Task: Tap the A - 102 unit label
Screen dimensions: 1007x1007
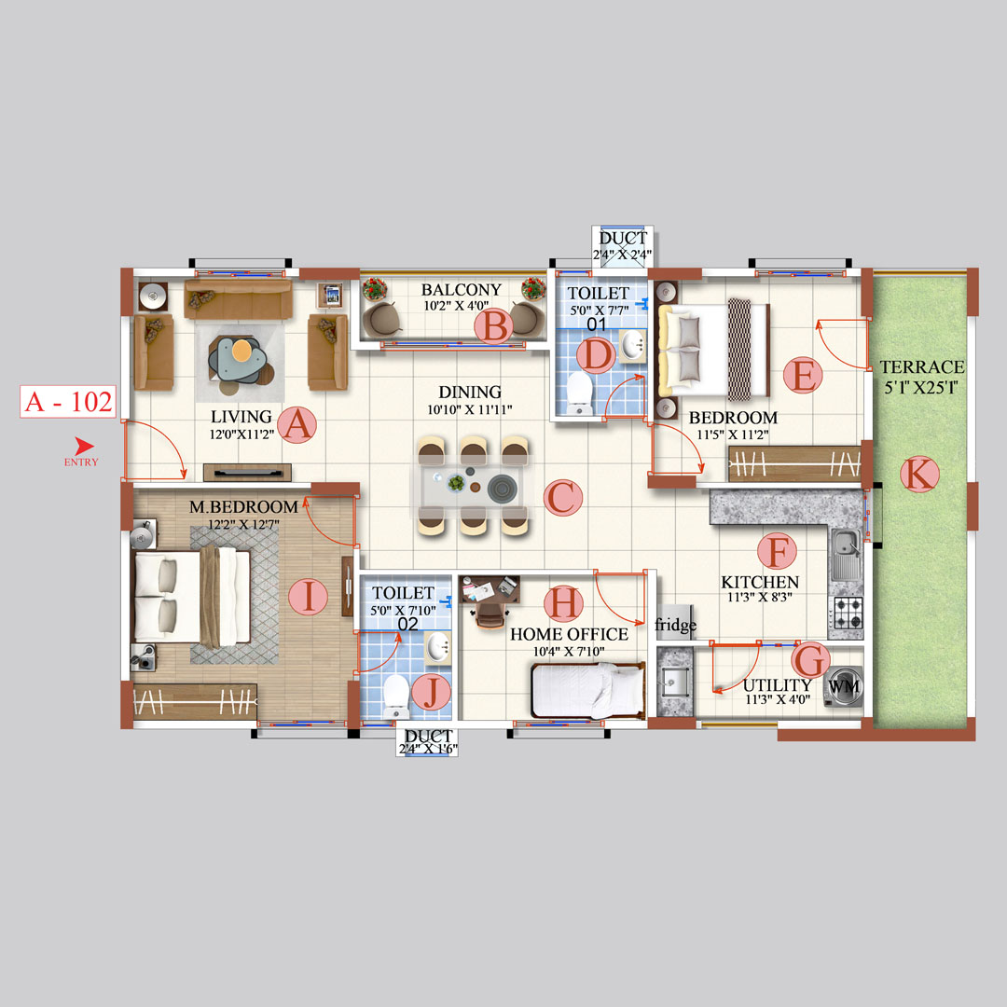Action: click(68, 403)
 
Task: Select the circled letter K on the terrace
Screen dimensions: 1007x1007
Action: click(919, 476)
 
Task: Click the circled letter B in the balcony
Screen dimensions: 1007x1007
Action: click(493, 326)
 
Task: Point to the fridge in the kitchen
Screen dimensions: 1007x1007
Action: click(675, 624)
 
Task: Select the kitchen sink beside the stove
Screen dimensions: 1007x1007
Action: click(847, 554)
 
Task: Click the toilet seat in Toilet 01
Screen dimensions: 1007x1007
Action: click(580, 392)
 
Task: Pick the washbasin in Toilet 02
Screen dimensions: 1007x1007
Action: click(437, 645)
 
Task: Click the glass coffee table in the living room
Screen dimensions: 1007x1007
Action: click(241, 360)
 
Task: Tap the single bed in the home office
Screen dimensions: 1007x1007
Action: click(587, 691)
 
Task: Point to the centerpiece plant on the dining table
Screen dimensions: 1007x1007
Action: click(456, 483)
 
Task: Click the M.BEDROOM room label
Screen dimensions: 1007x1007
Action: click(243, 507)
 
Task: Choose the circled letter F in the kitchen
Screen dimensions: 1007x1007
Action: click(776, 551)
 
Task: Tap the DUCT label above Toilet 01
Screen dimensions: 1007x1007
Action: click(623, 239)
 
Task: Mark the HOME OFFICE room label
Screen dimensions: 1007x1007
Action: click(569, 634)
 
